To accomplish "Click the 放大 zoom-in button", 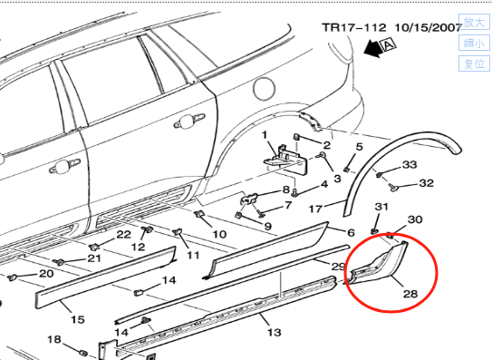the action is coord(474,23).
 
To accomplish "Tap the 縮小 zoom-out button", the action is coord(474,43).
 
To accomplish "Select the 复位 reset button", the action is coord(474,63).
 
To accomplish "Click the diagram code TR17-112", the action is coord(354,27).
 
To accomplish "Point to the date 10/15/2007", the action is coord(428,27).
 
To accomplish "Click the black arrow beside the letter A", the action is coord(372,49).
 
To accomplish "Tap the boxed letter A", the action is coord(388,45).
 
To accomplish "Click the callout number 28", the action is coord(410,294).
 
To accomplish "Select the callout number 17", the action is coord(315,209).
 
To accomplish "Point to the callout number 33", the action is coord(410,165).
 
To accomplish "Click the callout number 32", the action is coord(426,183).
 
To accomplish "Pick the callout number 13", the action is coord(275,332).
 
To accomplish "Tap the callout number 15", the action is coord(78,319).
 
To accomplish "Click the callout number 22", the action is coord(123,234).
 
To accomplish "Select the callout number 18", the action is coord(54,339).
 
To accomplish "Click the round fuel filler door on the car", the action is coord(264,89).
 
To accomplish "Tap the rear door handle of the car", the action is coord(188,121).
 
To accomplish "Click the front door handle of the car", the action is coord(64,166).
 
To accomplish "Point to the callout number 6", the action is coord(351,233).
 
